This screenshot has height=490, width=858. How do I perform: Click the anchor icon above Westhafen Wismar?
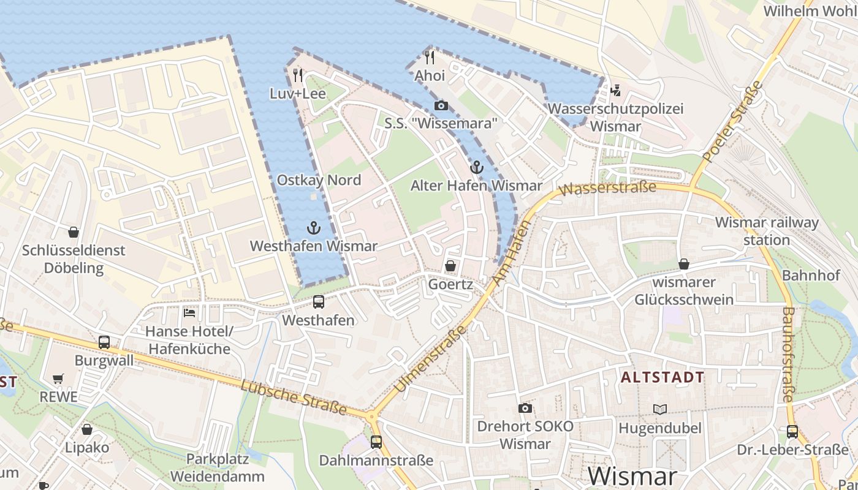coord(314,228)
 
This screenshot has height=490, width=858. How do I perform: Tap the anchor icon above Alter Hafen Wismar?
coord(476,167)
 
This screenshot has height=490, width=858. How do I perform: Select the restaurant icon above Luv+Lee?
coord(298,75)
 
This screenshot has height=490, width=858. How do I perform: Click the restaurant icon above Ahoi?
coord(430,58)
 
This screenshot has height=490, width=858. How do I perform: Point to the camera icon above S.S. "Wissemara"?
coord(441,105)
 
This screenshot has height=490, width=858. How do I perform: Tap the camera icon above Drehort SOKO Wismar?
coord(525,408)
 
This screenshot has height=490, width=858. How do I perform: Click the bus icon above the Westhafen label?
coord(319,301)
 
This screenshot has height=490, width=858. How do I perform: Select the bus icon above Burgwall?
coord(104,342)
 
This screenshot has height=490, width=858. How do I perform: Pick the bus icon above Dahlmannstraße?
coord(376,442)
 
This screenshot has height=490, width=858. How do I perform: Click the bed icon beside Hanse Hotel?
coord(190,312)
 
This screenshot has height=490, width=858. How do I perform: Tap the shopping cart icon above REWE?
coord(58,379)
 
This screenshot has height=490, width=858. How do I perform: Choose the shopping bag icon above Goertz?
coord(450,266)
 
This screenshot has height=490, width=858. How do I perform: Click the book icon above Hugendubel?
coord(659,409)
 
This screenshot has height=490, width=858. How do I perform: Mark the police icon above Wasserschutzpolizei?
coord(616,91)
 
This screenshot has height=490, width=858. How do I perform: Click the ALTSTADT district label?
coord(662,377)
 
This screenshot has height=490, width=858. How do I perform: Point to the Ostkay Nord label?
coord(319,180)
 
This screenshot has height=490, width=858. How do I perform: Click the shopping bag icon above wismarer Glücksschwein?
coord(684,264)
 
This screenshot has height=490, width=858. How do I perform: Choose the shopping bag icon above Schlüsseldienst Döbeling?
coord(74,232)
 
